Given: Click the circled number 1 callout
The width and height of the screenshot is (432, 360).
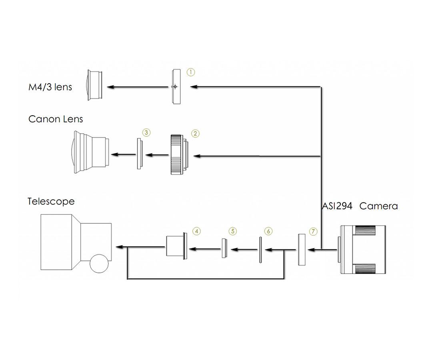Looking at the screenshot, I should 191,72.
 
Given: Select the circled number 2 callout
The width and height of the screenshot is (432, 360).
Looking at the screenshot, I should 195,134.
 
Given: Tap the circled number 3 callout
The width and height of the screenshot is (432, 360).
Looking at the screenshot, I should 146,132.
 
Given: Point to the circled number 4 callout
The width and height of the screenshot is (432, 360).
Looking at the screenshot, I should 196,231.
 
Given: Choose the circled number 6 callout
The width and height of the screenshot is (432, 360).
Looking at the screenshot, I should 268,231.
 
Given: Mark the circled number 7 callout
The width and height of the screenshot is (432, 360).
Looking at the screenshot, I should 313,232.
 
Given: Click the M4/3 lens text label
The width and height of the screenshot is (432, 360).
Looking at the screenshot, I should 50,87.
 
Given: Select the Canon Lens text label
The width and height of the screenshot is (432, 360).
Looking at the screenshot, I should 56,119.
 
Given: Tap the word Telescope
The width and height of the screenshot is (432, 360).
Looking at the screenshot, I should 51,201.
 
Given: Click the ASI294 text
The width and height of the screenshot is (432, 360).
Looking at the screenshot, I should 337,206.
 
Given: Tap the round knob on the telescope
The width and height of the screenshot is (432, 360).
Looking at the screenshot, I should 99,264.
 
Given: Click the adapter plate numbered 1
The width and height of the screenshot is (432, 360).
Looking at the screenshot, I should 176,86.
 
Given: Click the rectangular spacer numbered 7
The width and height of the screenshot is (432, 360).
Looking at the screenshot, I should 302,250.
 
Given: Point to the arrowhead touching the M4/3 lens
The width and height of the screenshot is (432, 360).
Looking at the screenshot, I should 110,87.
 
